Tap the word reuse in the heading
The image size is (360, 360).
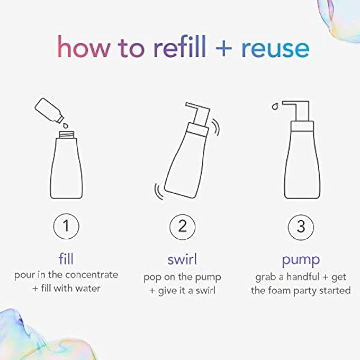pyautogui.click(x=275, y=48)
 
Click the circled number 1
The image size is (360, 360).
pyautogui.click(x=67, y=228)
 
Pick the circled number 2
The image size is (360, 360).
pyautogui.click(x=183, y=228)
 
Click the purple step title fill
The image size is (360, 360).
pyautogui.click(x=67, y=259)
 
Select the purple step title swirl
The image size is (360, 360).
pyautogui.click(x=183, y=259)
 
